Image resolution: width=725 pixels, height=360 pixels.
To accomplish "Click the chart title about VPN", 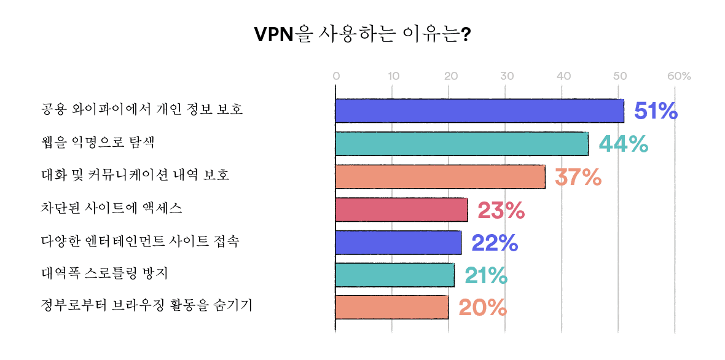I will pyautogui.click(x=362, y=34).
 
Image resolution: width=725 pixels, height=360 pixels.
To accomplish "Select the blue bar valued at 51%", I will pyautogui.click(x=479, y=111).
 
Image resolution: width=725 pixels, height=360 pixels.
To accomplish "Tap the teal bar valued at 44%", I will pyautogui.click(x=461, y=143).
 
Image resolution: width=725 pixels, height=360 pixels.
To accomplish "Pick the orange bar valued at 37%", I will pyautogui.click(x=440, y=176).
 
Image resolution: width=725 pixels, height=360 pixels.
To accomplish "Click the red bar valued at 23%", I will pyautogui.click(x=401, y=209).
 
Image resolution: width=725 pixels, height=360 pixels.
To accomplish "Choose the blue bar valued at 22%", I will pyautogui.click(x=398, y=242).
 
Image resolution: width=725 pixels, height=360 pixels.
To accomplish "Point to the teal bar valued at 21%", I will pyautogui.click(x=395, y=275).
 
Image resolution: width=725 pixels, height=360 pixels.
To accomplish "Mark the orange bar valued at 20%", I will pyautogui.click(x=392, y=307).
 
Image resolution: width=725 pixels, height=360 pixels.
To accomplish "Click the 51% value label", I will pyautogui.click(x=656, y=111).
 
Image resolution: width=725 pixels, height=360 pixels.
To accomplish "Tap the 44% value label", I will pyautogui.click(x=624, y=144).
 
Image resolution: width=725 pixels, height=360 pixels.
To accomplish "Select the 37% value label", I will pyautogui.click(x=578, y=177).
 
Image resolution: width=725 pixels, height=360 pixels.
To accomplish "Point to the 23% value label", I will pyautogui.click(x=501, y=210).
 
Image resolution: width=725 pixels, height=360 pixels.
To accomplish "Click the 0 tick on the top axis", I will pyautogui.click(x=336, y=77).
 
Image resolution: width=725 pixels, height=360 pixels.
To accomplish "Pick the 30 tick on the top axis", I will pyautogui.click(x=507, y=77).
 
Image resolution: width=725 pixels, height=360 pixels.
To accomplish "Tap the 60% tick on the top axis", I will pyautogui.click(x=679, y=77).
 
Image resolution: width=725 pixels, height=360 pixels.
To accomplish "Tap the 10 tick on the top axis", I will pyautogui.click(x=394, y=77).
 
